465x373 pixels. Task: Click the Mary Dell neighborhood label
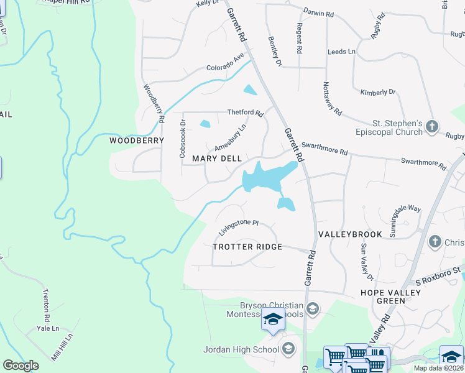[217, 159]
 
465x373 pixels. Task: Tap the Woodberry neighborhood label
[137, 140]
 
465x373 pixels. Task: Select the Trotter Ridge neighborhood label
[247, 247]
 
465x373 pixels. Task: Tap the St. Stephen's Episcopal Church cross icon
[433, 127]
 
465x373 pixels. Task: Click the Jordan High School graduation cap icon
[288, 349]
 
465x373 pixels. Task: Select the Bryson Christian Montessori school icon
[313, 308]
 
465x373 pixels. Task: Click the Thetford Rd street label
[246, 113]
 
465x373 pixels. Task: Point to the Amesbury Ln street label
[231, 137]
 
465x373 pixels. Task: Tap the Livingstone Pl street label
[238, 226]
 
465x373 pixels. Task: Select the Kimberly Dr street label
[378, 92]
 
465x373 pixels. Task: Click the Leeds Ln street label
[341, 52]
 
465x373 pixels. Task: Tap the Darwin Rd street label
[320, 12]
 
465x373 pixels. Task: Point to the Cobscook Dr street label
[183, 139]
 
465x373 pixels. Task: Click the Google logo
[21, 366]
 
